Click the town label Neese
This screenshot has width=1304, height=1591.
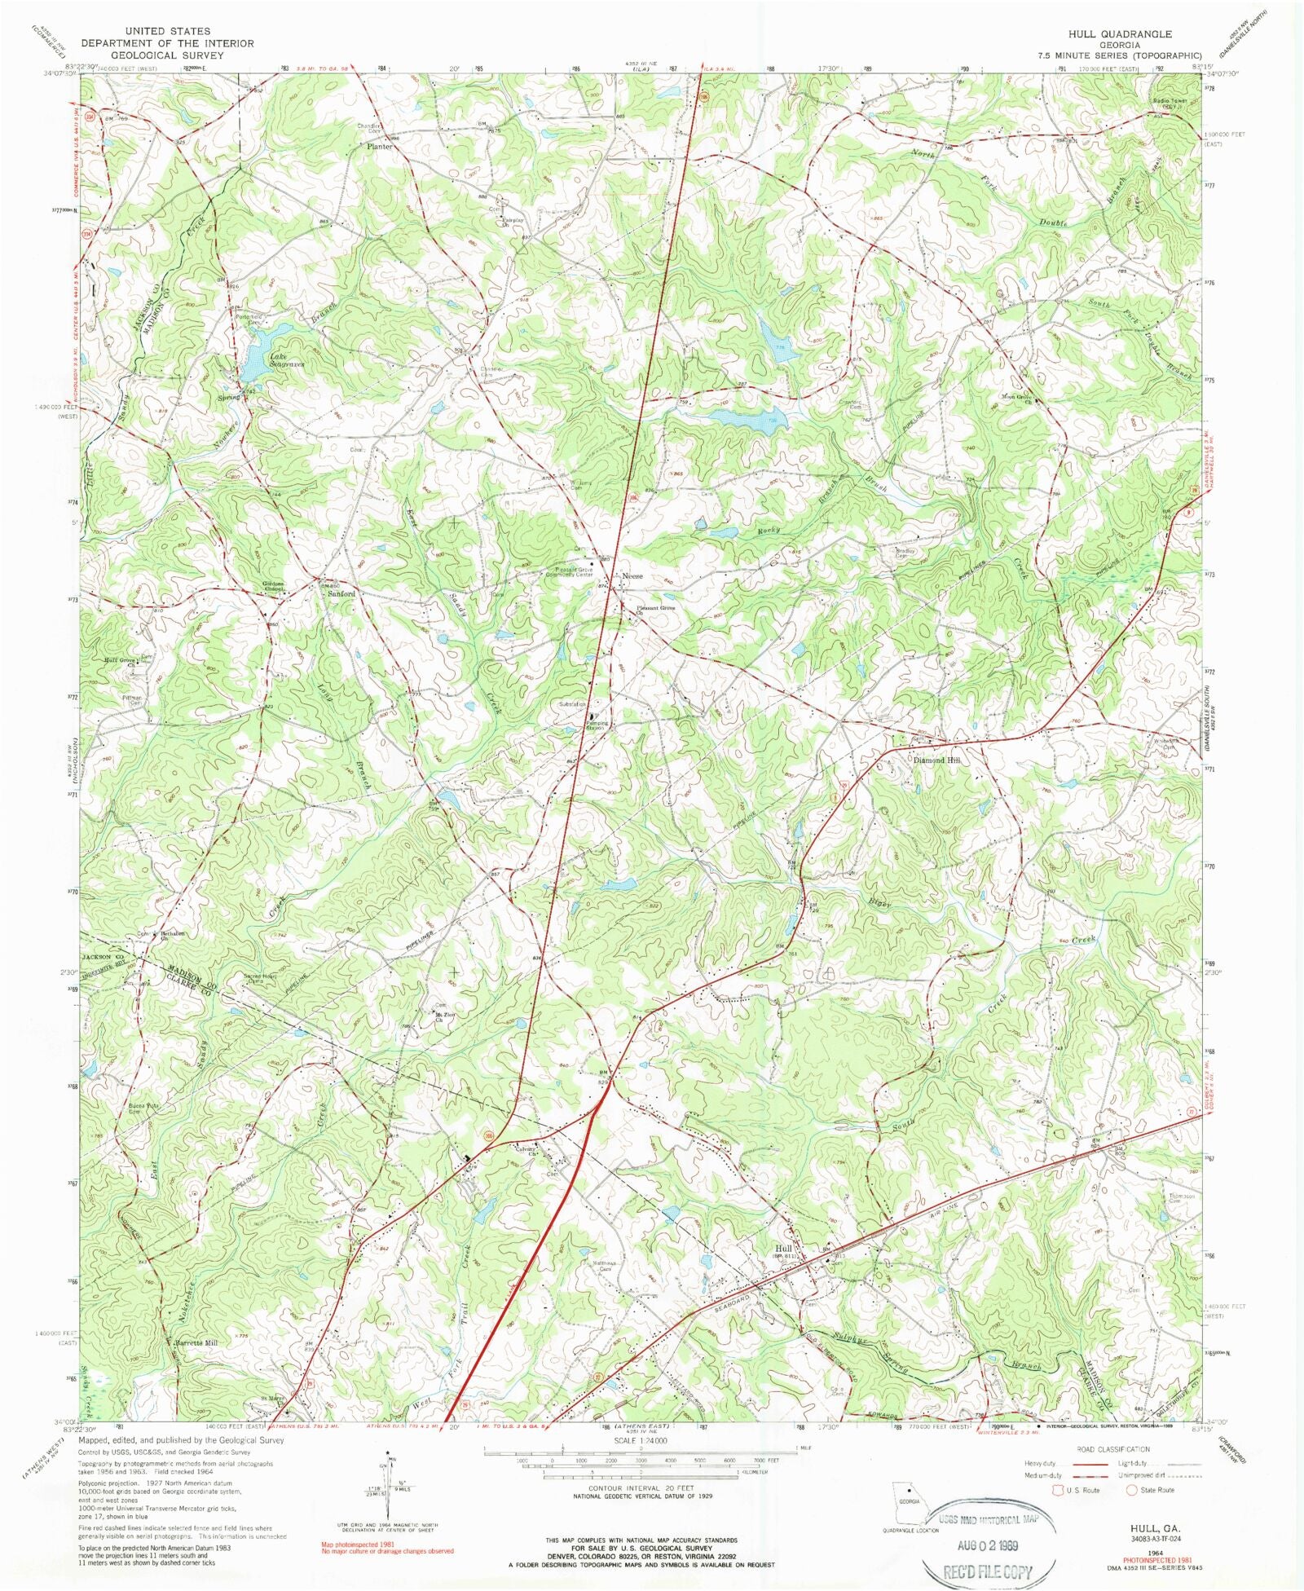coord(632,576)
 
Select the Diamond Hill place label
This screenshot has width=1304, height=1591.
coord(936,760)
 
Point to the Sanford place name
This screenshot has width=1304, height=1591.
coord(341,594)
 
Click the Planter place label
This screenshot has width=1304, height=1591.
coord(379,147)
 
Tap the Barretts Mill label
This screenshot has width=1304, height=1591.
coord(196,1342)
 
